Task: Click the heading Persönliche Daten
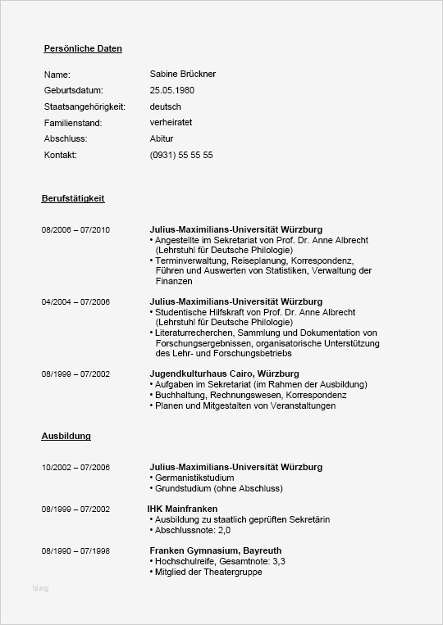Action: click(x=83, y=48)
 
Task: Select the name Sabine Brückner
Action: click(x=183, y=75)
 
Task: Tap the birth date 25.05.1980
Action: click(x=172, y=90)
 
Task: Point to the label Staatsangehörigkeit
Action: click(x=84, y=106)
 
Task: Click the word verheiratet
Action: click(x=171, y=123)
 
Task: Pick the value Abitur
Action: click(x=162, y=138)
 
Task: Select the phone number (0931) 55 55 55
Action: click(x=181, y=155)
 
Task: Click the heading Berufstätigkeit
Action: click(x=73, y=199)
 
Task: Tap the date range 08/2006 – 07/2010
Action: click(x=75, y=229)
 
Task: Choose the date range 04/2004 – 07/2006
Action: click(x=75, y=302)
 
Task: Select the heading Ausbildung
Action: click(x=66, y=437)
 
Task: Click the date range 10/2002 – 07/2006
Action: click(x=75, y=468)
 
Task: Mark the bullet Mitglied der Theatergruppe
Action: click(x=208, y=573)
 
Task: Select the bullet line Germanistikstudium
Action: click(x=194, y=478)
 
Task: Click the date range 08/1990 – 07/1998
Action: click(x=75, y=551)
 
